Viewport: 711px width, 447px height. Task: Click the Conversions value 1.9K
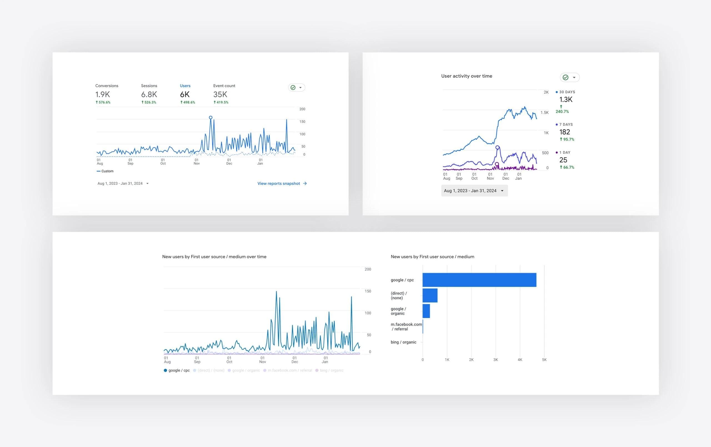pyautogui.click(x=102, y=94)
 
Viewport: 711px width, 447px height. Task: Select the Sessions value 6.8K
pyautogui.click(x=149, y=94)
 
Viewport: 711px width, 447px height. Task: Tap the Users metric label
pyautogui.click(x=185, y=86)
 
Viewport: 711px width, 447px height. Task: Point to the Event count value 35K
pyautogui.click(x=220, y=94)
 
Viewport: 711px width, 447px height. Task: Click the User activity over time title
pyautogui.click(x=467, y=76)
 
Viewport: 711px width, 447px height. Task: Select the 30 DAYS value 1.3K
pyautogui.click(x=566, y=99)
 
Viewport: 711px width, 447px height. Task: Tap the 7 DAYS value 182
pyautogui.click(x=565, y=132)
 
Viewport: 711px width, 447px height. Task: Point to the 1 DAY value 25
pyautogui.click(x=563, y=160)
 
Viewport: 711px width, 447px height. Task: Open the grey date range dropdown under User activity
pyautogui.click(x=474, y=191)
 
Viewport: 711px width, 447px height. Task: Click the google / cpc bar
pyautogui.click(x=479, y=280)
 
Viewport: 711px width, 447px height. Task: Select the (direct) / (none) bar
pyautogui.click(x=430, y=295)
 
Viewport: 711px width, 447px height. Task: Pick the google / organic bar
pyautogui.click(x=426, y=311)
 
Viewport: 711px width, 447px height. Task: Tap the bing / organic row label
pyautogui.click(x=403, y=342)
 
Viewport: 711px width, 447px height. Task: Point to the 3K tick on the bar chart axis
pyautogui.click(x=495, y=360)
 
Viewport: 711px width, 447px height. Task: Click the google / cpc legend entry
pyautogui.click(x=177, y=371)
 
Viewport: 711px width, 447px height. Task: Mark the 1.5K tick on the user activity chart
pyautogui.click(x=544, y=113)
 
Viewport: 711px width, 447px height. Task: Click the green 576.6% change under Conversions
pyautogui.click(x=103, y=102)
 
